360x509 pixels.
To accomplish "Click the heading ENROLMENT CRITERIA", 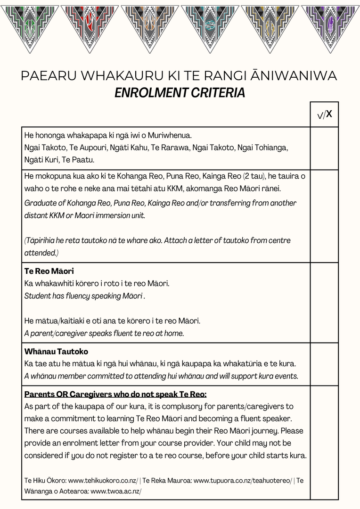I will pyautogui.click(x=180, y=93).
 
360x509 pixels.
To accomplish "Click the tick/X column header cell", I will pyautogui.click(x=324, y=115).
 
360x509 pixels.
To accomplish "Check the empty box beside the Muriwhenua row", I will pyautogui.click(x=324, y=148).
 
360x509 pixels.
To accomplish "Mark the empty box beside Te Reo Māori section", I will pyautogui.click(x=324, y=302).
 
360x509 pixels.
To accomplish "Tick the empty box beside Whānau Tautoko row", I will pyautogui.click(x=324, y=364).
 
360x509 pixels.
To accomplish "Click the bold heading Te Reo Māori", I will pyautogui.click(x=49, y=271).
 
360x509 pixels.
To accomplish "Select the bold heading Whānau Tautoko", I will pyautogui.click(x=56, y=352).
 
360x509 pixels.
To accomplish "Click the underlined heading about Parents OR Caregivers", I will pyautogui.click(x=115, y=394).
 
